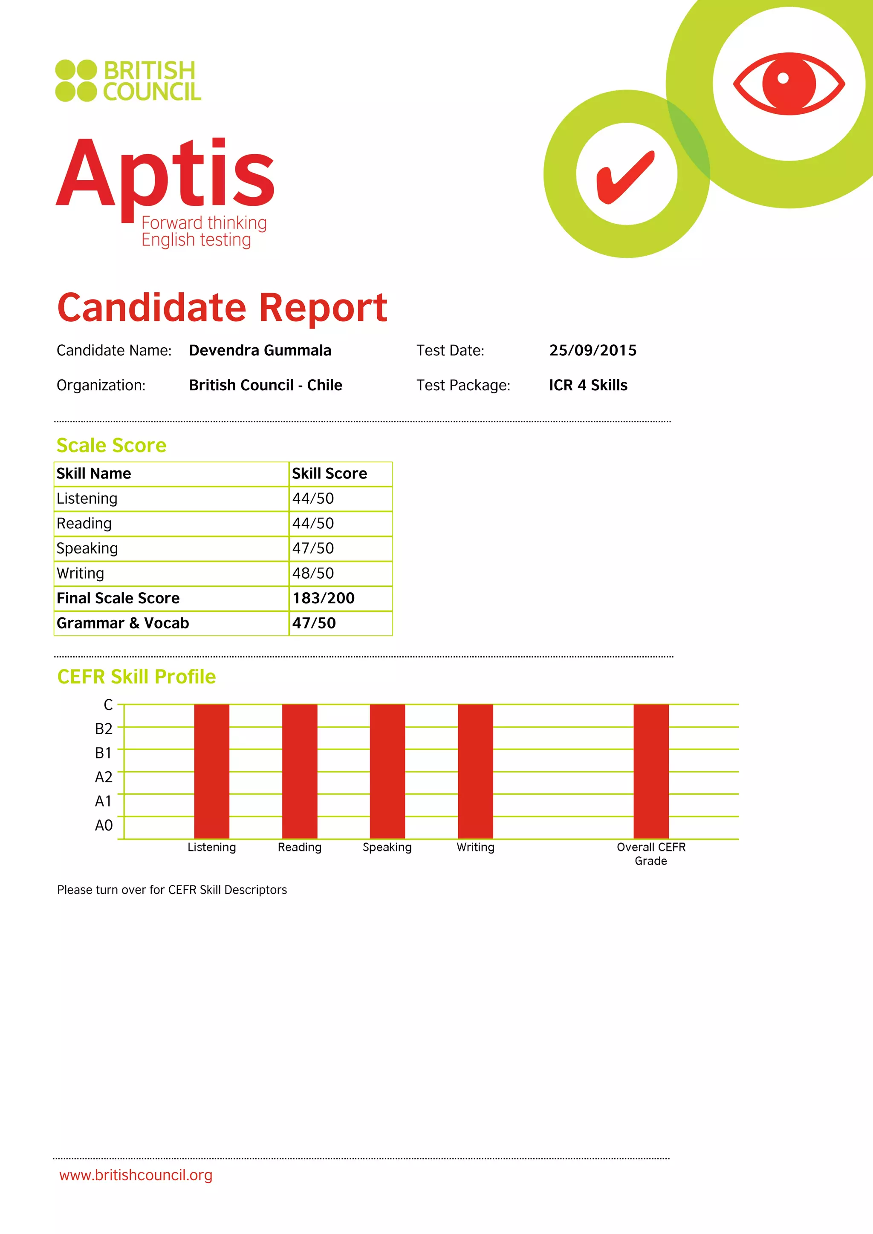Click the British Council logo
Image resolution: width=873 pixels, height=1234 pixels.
click(128, 81)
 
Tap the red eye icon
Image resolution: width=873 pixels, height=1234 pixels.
click(789, 84)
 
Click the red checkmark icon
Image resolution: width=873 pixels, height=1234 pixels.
click(626, 177)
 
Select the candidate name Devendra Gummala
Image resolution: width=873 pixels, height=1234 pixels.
click(260, 350)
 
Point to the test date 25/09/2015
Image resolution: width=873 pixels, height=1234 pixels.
click(593, 350)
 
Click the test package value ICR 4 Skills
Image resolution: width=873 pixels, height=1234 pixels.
click(588, 385)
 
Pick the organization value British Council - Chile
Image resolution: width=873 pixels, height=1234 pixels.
click(266, 385)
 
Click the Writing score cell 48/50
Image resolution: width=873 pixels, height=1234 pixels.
click(313, 574)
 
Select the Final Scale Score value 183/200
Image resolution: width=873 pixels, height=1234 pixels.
click(324, 598)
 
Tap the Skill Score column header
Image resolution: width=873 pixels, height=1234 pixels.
click(329, 473)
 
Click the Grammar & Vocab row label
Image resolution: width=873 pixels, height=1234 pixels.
click(123, 623)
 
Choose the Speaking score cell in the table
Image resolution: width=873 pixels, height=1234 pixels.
click(313, 548)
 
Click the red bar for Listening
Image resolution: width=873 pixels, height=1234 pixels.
click(212, 771)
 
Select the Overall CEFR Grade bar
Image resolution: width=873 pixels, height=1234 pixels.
click(651, 771)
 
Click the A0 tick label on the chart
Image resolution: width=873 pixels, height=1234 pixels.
click(104, 825)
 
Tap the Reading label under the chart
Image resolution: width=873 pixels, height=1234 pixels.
click(299, 848)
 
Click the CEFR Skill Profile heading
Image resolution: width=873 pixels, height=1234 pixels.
click(136, 677)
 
